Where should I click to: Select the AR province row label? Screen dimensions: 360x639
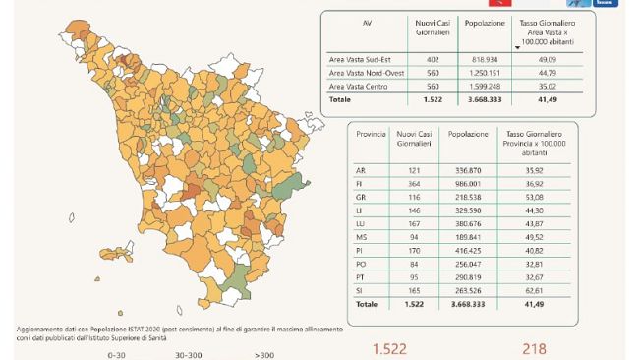coord(361,170)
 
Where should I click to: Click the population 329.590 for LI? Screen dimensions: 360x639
coord(463,210)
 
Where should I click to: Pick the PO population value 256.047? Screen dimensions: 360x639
coord(463,265)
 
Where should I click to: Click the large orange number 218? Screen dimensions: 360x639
coord(535,348)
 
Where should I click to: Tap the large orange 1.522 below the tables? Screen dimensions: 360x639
coord(388,348)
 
